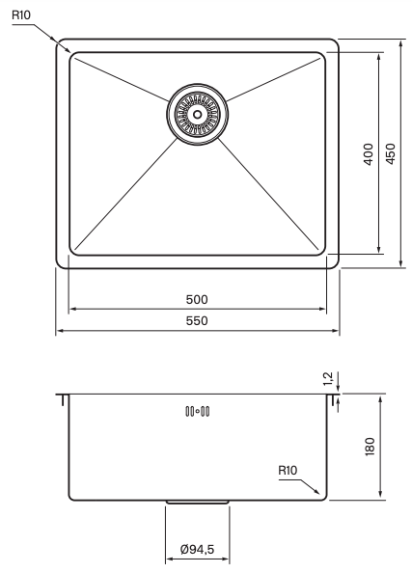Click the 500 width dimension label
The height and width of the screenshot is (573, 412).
pyautogui.click(x=197, y=299)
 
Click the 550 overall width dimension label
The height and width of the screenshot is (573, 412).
pyautogui.click(x=197, y=320)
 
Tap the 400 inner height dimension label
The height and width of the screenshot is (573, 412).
pyautogui.click(x=368, y=154)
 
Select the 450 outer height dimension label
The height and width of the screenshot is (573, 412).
pyautogui.click(x=391, y=154)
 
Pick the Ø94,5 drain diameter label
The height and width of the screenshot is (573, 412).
pyautogui.click(x=197, y=550)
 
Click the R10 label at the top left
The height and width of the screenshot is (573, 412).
pyautogui.click(x=22, y=16)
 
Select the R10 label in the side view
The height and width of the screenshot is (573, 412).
pyautogui.click(x=288, y=470)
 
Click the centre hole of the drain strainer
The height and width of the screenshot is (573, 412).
pyautogui.click(x=197, y=113)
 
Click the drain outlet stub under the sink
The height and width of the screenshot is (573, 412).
pyautogui.click(x=197, y=503)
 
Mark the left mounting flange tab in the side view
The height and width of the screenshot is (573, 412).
pyautogui.click(x=63, y=398)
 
